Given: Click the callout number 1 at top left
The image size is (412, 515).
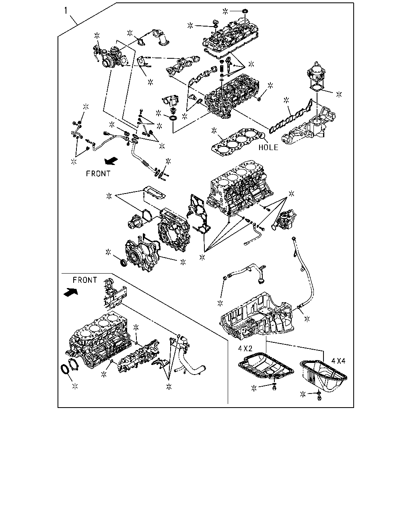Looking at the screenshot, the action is coord(66,10).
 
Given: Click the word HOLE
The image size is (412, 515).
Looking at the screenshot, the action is coord(268,147).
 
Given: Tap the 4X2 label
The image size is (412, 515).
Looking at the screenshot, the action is coord(245,348).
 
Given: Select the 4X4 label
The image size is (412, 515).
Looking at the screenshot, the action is coord(338,361).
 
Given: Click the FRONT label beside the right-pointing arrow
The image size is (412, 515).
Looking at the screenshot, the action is coord(85,280).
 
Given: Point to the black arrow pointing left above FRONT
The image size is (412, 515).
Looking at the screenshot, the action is coord(111,161).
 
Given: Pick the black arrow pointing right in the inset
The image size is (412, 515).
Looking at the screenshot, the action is coord(71,292).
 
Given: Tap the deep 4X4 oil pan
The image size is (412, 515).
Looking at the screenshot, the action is coord(323,376).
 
